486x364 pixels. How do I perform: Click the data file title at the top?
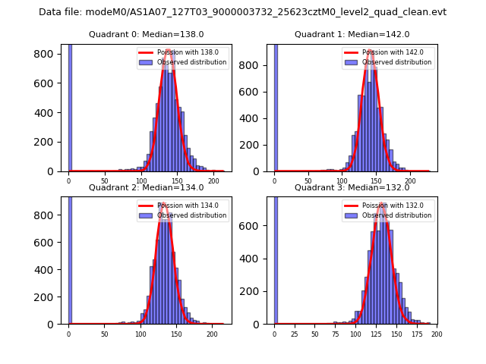(242, 12)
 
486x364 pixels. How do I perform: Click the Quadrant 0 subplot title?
(147, 34)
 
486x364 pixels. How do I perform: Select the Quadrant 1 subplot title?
(352, 34)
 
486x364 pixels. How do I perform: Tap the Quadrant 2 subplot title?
(147, 187)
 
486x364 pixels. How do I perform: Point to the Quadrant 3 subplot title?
(352, 187)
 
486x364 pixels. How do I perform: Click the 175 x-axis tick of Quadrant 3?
(420, 334)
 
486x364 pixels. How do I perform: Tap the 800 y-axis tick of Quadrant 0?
(52, 55)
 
